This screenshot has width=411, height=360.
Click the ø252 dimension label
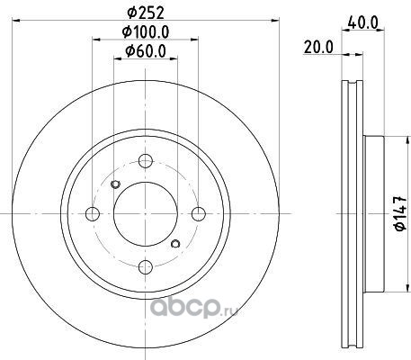pyautogui.click(x=146, y=13)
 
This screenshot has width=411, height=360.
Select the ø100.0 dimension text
pyautogui.click(x=146, y=31)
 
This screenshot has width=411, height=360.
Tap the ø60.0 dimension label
pyautogui.click(x=146, y=51)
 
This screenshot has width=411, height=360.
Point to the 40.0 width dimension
pyautogui.click(x=363, y=23)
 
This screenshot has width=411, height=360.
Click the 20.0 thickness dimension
pyautogui.click(x=318, y=48)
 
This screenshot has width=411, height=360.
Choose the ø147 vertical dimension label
pyautogui.click(x=400, y=213)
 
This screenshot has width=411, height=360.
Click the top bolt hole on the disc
pyautogui.click(x=146, y=161)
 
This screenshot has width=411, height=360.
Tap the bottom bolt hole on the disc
pyautogui.click(x=146, y=266)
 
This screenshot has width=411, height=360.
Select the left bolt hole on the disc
pyautogui.click(x=93, y=214)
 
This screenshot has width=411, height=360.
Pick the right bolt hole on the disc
pyautogui.click(x=199, y=214)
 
